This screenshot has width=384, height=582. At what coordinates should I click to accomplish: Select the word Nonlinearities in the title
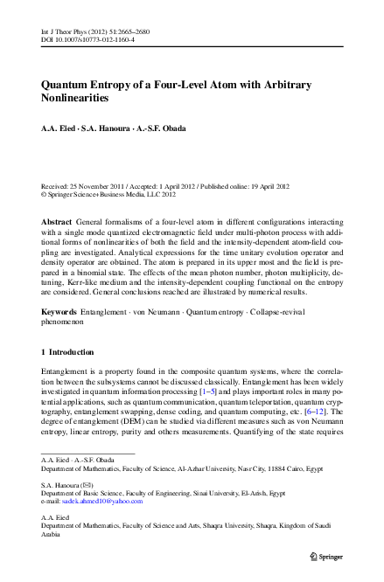(80, 99)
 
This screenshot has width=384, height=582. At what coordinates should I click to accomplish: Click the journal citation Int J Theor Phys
(65, 6)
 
